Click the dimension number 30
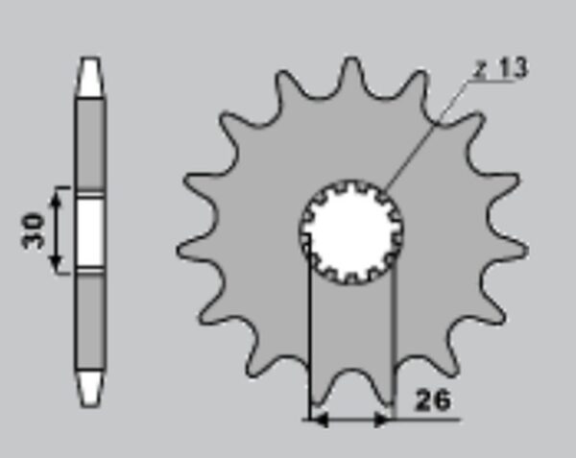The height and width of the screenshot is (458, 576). (33, 230)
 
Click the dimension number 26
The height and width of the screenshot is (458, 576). (432, 400)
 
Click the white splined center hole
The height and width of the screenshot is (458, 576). (351, 232)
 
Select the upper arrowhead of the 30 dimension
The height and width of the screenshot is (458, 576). (56, 201)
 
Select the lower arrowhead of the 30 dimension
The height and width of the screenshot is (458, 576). (56, 259)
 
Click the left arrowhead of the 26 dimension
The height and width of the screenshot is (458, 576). (320, 419)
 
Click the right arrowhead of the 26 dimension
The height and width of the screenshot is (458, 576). (383, 419)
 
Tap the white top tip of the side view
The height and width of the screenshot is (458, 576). (90, 77)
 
